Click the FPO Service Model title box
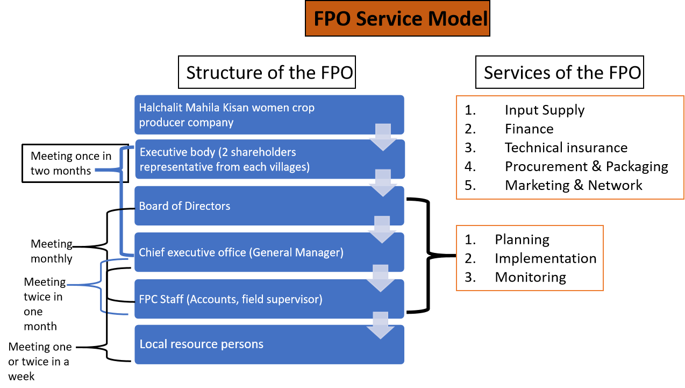(397, 18)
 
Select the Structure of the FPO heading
(267, 72)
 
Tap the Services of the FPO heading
(560, 72)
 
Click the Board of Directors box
(269, 206)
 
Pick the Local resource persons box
(269, 344)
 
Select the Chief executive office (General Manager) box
(269, 252)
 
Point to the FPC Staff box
(269, 299)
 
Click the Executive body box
(270, 159)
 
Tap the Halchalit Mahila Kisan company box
(269, 115)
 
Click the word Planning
(522, 239)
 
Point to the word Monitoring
(530, 277)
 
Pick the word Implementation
(546, 258)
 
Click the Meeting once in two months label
(71, 163)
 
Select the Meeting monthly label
(52, 251)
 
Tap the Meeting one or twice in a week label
(40, 362)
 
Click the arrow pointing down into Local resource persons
(381, 325)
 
